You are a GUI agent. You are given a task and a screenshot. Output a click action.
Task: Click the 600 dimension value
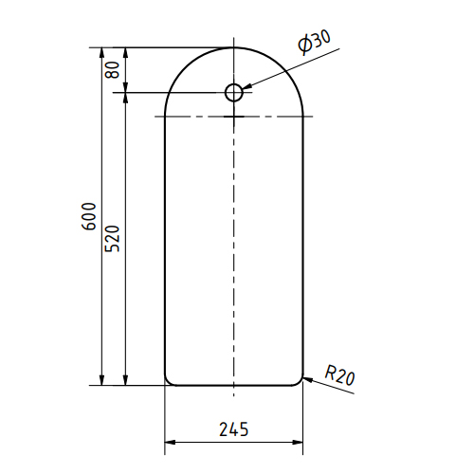pyautogui.click(x=88, y=216)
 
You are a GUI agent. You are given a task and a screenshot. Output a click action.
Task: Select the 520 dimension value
pyautogui.click(x=113, y=239)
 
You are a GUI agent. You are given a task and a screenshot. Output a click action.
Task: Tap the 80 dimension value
pyautogui.click(x=113, y=70)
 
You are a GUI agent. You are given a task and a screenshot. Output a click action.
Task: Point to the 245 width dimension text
pyautogui.click(x=234, y=429)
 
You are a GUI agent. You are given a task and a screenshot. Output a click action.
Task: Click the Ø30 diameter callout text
pyautogui.click(x=314, y=42)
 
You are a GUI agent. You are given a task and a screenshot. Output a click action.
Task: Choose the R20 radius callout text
pyautogui.click(x=339, y=374)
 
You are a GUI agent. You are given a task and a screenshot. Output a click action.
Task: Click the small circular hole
pyautogui.click(x=234, y=93)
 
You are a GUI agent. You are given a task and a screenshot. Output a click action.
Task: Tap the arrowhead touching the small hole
pyautogui.click(x=247, y=86)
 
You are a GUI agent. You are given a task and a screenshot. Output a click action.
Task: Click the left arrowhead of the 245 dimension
pyautogui.click(x=170, y=442)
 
